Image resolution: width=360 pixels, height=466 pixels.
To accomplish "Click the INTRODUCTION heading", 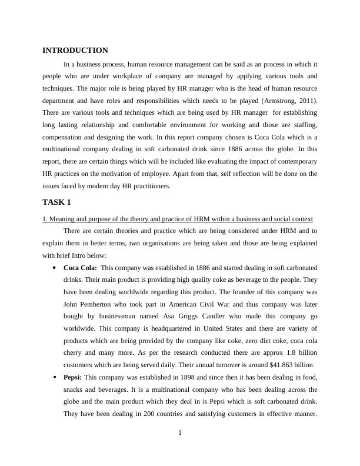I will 75,51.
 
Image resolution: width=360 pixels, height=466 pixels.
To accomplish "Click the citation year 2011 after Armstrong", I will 307,101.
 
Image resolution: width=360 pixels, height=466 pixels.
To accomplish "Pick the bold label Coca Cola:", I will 81,268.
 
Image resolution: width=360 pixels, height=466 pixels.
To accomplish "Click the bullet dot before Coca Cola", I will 54,268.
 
